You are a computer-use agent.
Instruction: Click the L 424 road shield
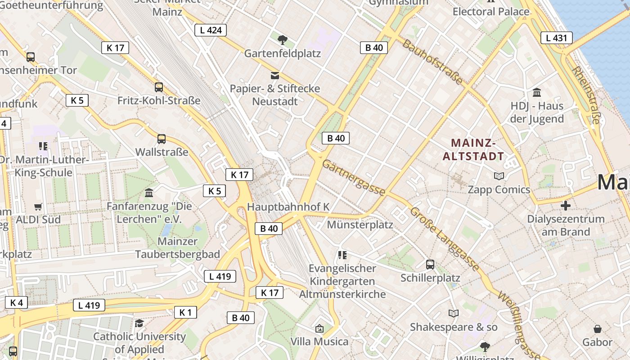[210, 30]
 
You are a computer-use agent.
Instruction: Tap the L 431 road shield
[556, 38]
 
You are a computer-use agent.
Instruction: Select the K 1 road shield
[185, 312]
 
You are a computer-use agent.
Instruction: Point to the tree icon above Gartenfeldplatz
[282, 40]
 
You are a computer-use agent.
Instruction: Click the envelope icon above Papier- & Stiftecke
[275, 75]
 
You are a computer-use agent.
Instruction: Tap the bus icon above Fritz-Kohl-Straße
[159, 87]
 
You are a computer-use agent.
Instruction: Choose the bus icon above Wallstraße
[162, 139]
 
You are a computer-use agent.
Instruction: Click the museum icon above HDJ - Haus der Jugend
[537, 93]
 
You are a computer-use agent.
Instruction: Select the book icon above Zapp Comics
[499, 176]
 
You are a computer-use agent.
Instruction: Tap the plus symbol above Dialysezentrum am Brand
[566, 206]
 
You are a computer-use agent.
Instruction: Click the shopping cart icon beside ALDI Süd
[38, 207]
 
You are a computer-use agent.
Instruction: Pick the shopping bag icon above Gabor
[598, 329]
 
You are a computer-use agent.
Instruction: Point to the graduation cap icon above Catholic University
[139, 323]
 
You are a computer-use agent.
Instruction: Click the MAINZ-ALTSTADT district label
[473, 150]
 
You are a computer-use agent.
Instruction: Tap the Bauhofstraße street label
[432, 62]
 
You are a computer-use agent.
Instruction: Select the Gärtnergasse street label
[354, 179]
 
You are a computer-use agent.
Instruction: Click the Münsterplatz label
[360, 225]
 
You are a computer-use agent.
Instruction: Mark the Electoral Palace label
[491, 11]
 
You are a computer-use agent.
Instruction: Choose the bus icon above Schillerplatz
[430, 265]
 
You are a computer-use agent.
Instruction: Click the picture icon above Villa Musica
[319, 328]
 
